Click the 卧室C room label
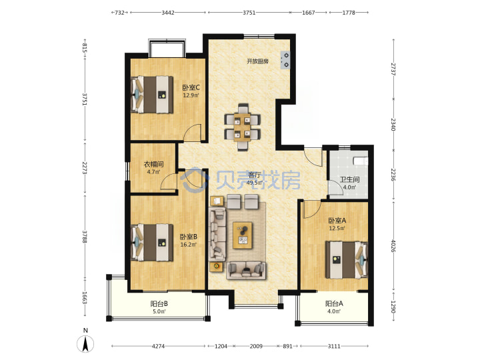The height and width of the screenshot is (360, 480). [191, 87]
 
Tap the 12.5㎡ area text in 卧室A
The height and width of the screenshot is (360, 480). [337, 228]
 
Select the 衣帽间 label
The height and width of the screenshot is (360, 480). [153, 165]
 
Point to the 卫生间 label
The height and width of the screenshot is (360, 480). [349, 180]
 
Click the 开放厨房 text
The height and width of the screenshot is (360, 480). [257, 61]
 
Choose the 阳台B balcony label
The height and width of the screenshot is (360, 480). [159, 304]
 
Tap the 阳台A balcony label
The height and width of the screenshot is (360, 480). [334, 304]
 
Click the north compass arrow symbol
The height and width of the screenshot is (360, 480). [86, 344]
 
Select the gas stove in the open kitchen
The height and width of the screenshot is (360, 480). [285, 60]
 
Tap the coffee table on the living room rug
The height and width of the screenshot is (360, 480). [243, 235]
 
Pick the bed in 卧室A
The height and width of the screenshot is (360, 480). [347, 260]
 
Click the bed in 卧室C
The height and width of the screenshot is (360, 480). [152, 94]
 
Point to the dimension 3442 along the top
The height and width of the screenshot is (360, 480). [168, 13]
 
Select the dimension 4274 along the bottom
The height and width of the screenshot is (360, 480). [158, 346]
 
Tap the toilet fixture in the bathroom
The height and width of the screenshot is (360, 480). [360, 161]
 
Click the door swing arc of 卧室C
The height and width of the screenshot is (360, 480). [192, 131]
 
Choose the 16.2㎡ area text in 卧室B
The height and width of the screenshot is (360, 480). [188, 245]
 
